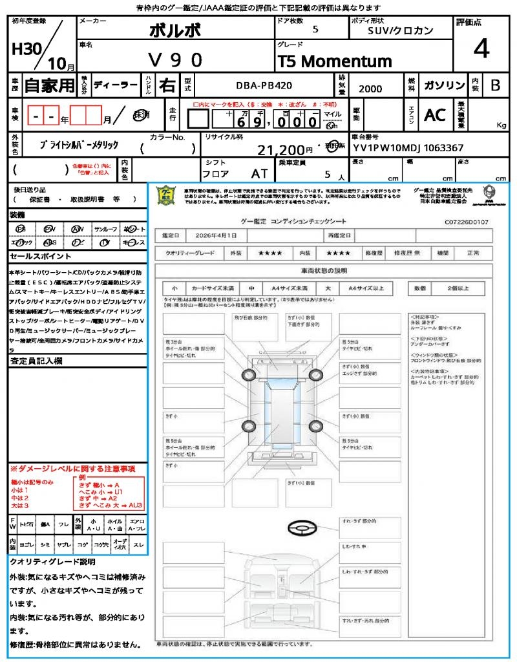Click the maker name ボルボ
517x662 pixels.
coord(175,30)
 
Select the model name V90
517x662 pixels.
coord(175,60)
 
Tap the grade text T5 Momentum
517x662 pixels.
coord(335,61)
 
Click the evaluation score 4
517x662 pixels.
coord(481,48)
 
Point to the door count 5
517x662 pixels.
coord(315,30)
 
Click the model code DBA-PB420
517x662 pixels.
coord(264,85)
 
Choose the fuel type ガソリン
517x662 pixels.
coord(444,86)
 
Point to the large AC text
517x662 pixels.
coord(435,115)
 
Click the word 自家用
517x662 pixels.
coord(50,85)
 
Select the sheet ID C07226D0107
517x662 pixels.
coord(467,222)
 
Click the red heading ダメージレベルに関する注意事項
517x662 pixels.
coord(72,468)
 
